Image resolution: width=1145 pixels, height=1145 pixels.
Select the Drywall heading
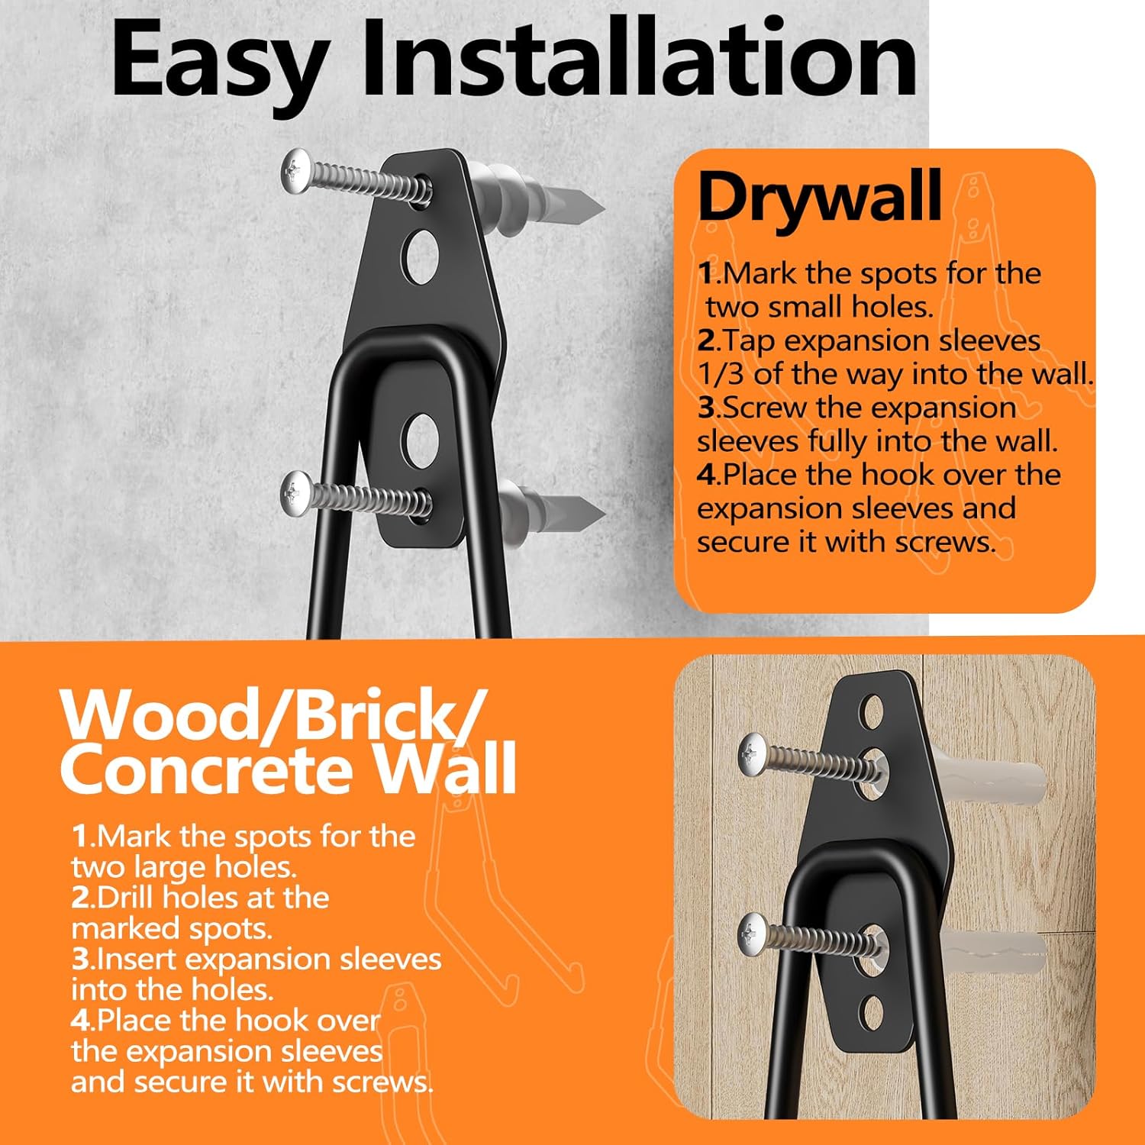pos(820,196)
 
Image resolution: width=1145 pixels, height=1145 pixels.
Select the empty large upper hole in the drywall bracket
pos(421,256)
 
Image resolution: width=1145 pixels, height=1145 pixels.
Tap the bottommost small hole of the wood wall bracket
pos(872,1012)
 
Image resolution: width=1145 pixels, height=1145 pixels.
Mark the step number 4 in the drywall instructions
pos(707,475)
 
